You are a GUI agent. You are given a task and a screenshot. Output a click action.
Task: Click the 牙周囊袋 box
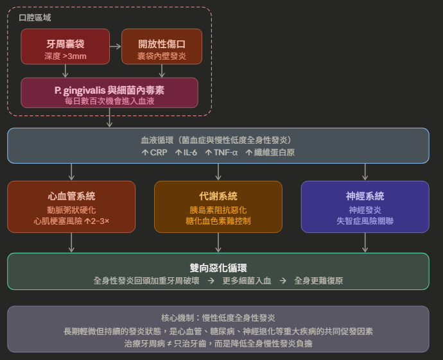[65, 47]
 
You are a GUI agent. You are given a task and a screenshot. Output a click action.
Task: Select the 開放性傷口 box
[161, 47]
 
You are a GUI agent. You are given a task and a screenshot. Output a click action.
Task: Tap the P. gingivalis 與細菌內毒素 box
[109, 92]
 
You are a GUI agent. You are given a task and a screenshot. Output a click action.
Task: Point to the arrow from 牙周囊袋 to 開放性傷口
[115, 46]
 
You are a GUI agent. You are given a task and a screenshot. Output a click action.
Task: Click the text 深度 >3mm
[65, 56]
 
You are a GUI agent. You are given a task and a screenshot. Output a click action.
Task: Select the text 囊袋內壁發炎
[161, 56]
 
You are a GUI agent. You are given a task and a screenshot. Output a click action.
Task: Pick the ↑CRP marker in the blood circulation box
[153, 152]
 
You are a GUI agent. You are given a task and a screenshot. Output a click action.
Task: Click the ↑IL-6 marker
[186, 152]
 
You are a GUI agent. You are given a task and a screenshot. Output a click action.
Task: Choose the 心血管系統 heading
[71, 196]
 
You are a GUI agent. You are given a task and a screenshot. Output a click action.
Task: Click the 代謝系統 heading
[218, 196]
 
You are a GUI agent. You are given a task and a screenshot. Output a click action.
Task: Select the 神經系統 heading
[365, 196]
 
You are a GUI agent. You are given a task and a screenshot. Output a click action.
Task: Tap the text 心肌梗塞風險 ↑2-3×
[71, 221]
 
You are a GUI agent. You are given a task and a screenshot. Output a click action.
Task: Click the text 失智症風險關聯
[365, 221]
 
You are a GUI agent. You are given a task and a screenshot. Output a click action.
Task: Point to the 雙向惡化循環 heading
[218, 268]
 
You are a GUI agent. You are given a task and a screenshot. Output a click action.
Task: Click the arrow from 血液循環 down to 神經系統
[365, 172]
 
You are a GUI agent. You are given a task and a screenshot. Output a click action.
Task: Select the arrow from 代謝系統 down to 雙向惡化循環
[218, 243]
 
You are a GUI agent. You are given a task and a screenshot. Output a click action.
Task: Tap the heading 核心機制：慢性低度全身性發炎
[218, 318]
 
